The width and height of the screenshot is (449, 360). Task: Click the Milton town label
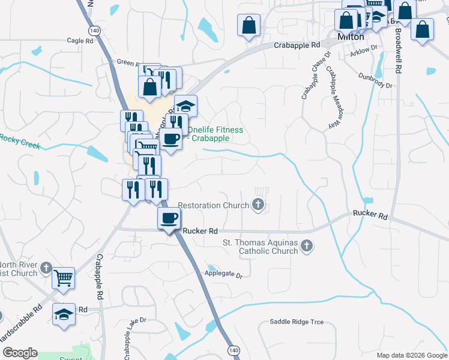tap(351, 37)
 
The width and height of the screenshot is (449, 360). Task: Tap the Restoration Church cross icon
tap(259, 205)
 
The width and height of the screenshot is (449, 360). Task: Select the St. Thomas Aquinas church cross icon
tap(307, 245)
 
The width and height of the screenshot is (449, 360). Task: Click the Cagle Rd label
tap(80, 41)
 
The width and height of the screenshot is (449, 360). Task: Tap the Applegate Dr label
tap(223, 275)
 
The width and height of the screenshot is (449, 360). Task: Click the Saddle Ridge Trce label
tap(297, 322)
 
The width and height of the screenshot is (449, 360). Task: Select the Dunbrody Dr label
tap(375, 81)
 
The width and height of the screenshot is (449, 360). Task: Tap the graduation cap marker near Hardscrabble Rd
tap(63, 314)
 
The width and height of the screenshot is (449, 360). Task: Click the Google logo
tap(20, 353)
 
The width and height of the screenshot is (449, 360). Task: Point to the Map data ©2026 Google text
tap(412, 355)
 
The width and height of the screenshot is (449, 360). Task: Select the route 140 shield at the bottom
tap(232, 349)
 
